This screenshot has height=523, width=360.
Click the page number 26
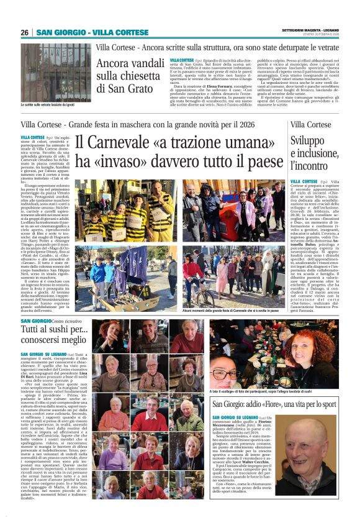[24, 32]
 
